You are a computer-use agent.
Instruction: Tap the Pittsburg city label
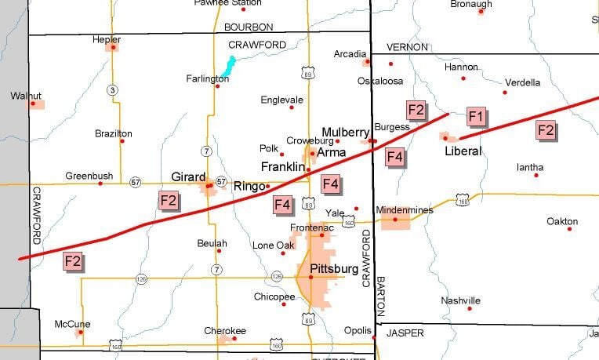click(334, 268)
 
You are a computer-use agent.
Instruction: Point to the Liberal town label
click(463, 151)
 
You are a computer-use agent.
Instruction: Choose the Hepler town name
click(107, 38)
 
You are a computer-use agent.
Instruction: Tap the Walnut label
click(25, 95)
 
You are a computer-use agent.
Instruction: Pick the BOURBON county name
click(249, 27)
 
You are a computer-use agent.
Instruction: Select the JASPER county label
click(405, 333)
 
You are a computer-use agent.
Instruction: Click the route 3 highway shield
click(113, 90)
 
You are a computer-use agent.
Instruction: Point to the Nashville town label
click(460, 300)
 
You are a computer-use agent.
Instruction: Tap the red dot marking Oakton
click(569, 228)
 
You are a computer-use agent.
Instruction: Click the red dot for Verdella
click(504, 93)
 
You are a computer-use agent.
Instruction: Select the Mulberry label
click(346, 131)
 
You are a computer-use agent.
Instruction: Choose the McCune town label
click(72, 324)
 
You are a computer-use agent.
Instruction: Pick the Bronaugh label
click(471, 4)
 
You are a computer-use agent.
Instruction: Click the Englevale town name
click(282, 100)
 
